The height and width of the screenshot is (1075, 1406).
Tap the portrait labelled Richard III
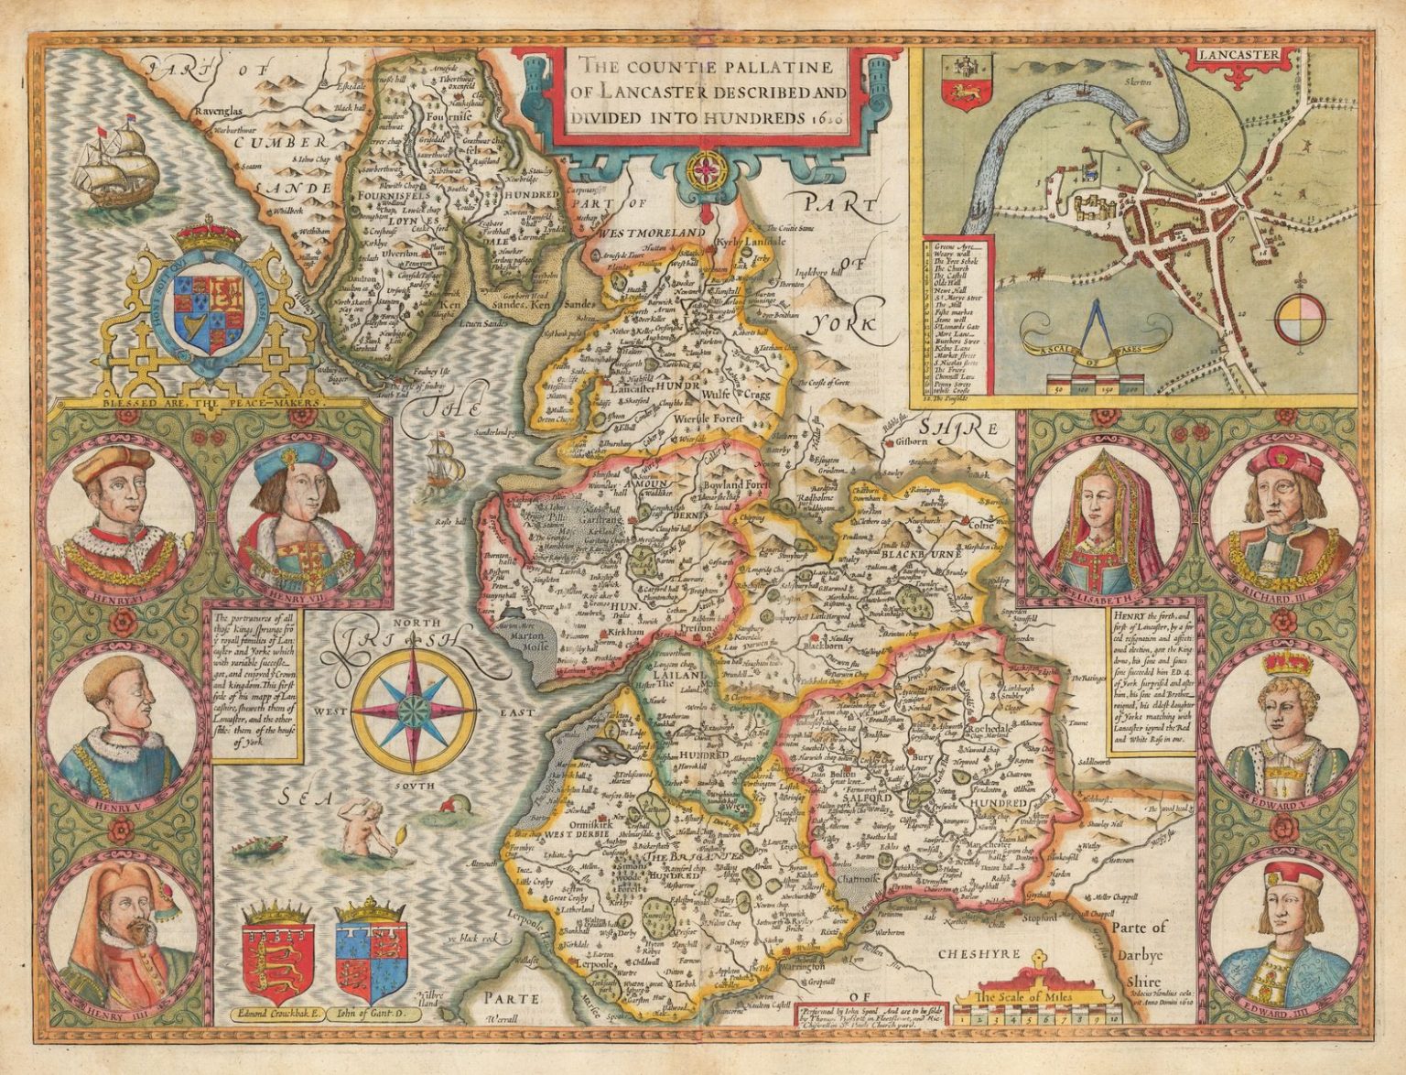[1282, 517]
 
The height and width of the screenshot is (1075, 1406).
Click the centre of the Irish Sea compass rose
[414, 708]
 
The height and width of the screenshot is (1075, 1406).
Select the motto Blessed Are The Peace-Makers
[190, 402]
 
